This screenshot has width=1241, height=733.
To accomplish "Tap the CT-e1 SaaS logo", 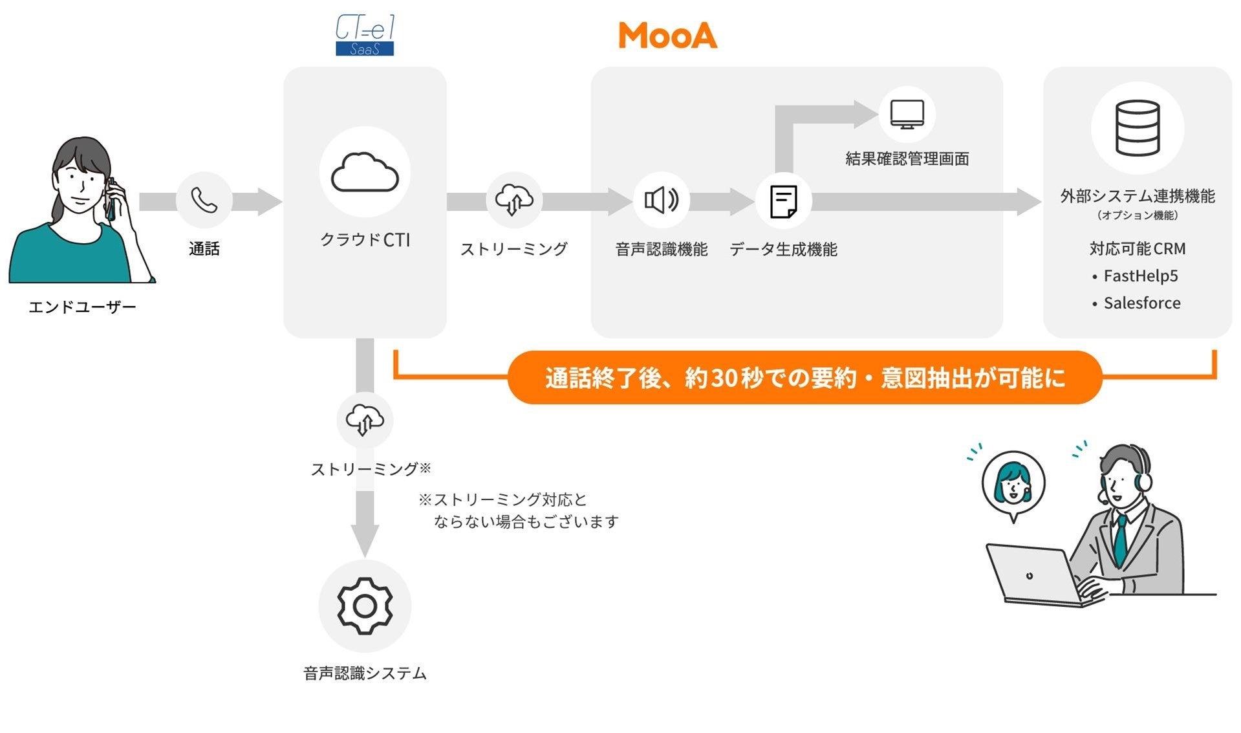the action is [x=365, y=36].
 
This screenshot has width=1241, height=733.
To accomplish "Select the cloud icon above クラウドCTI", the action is [x=365, y=173].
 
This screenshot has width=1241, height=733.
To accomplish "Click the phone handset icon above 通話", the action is [x=204, y=201].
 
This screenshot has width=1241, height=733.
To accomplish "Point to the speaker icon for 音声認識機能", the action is [x=661, y=201].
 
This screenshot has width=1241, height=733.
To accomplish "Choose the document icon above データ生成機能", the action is [x=783, y=201].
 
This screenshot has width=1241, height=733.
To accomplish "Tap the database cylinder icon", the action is [x=1137, y=128].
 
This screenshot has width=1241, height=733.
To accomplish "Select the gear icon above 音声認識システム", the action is [x=365, y=606].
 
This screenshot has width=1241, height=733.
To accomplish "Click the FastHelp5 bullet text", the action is [x=1140, y=276].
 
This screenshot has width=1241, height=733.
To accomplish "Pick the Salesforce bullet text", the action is [x=1141, y=303].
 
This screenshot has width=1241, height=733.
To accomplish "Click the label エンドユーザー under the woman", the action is [x=82, y=307].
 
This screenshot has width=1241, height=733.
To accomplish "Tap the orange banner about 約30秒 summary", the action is [x=804, y=378].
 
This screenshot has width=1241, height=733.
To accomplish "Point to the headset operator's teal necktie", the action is [x=1120, y=541].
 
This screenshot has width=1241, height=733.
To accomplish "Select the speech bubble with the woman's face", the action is [x=1013, y=484].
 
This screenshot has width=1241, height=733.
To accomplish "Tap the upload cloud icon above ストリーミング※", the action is [x=365, y=420].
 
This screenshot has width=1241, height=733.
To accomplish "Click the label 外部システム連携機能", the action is [x=1137, y=196].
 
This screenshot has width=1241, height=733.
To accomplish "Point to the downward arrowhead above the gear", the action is [x=365, y=540].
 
